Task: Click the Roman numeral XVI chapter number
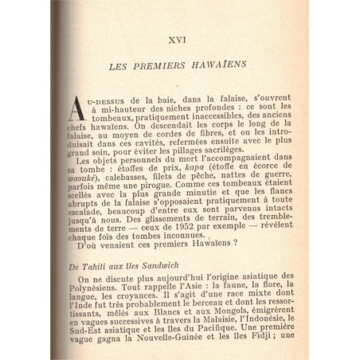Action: click(190, 37)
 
